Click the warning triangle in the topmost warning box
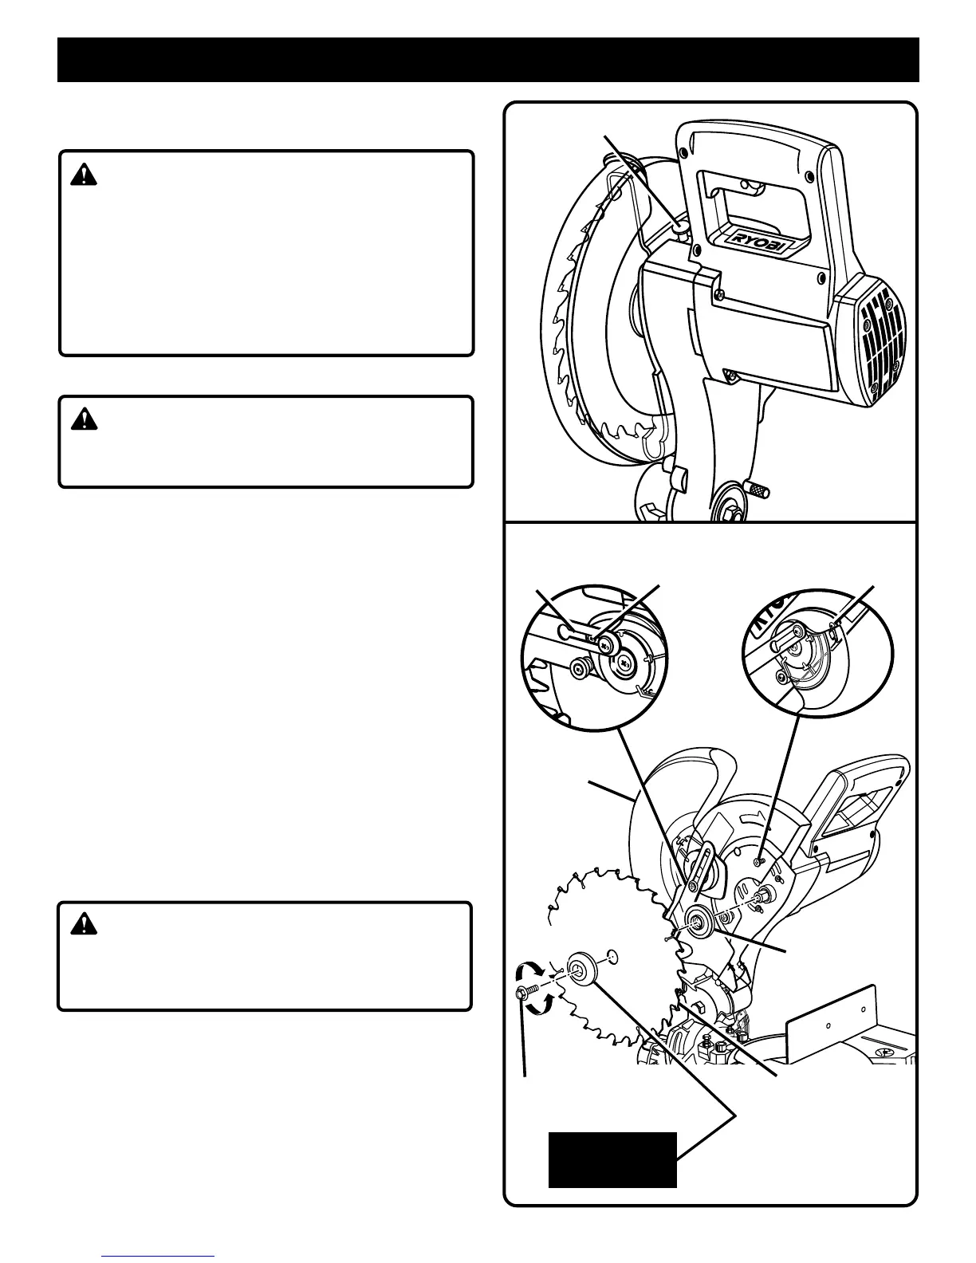point(83,175)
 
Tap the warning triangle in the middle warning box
point(83,419)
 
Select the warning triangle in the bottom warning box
point(83,924)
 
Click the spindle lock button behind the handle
point(679,230)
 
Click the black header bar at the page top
point(488,59)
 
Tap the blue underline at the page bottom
point(159,1257)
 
